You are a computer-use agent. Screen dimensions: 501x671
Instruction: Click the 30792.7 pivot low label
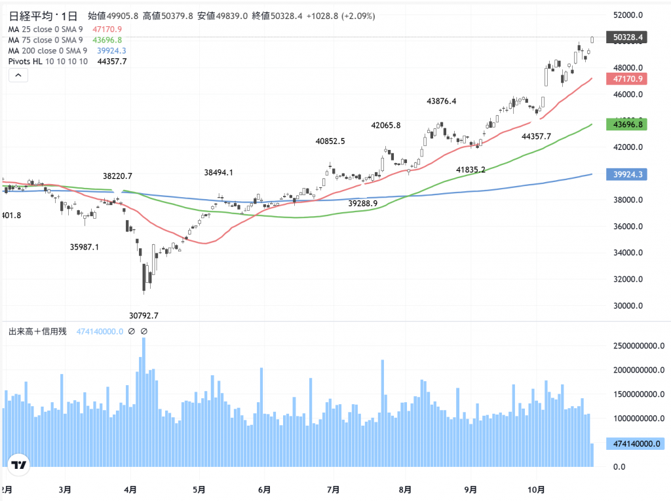click(144, 316)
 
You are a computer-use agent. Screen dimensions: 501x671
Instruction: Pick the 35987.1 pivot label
click(85, 247)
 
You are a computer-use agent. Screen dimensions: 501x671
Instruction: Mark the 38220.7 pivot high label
click(118, 176)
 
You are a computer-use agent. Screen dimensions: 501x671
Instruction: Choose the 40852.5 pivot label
click(330, 141)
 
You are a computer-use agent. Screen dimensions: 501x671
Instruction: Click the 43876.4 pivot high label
click(441, 101)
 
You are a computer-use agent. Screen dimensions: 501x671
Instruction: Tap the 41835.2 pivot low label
click(470, 170)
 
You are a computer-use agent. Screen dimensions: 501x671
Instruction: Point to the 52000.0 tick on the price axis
click(628, 15)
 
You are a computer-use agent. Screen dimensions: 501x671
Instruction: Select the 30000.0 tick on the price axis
click(628, 306)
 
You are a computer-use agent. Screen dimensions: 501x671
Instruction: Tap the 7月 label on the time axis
click(334, 489)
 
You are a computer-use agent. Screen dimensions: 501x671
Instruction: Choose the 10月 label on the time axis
click(535, 489)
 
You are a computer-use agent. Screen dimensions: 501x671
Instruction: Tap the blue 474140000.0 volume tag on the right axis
click(635, 443)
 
